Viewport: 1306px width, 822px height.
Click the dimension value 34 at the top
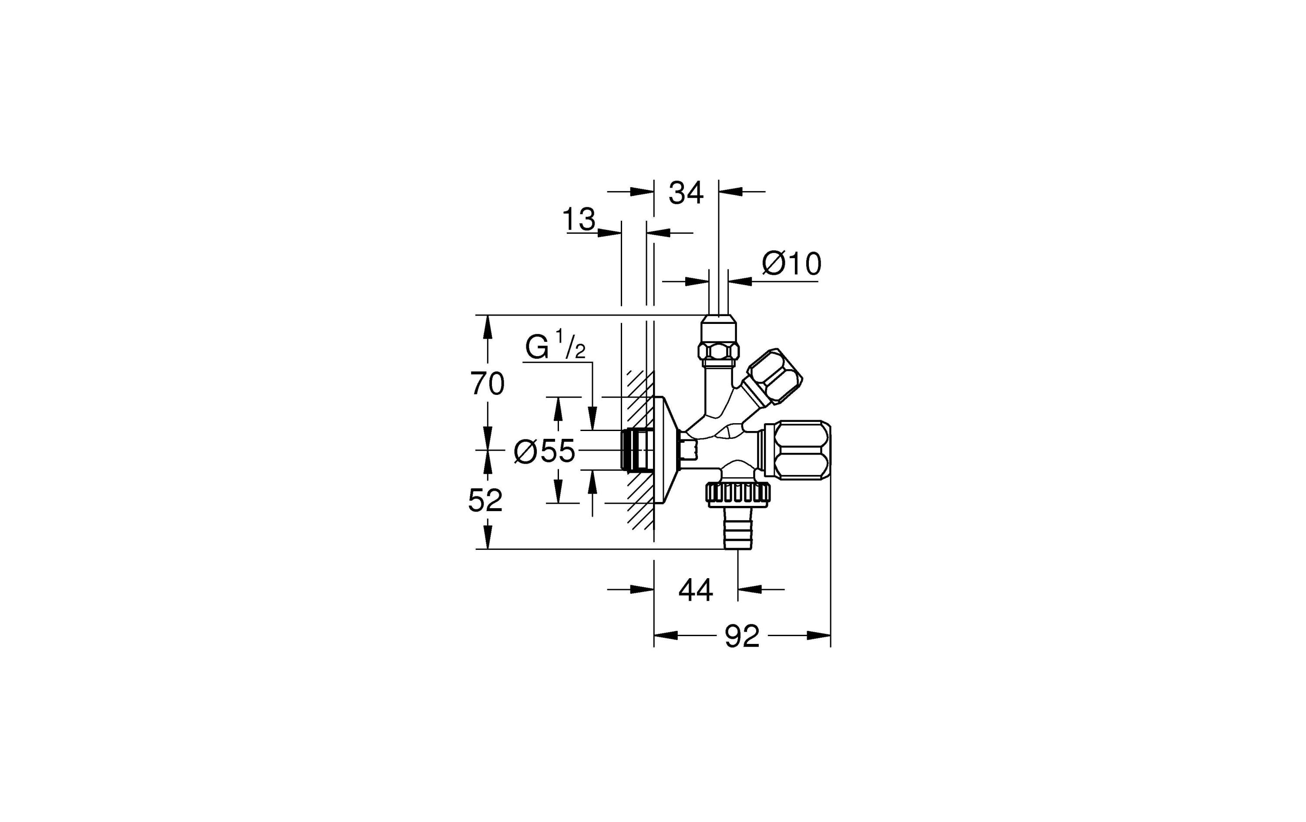686,193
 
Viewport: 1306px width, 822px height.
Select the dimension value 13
579,220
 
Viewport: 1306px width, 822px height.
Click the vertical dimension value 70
487,384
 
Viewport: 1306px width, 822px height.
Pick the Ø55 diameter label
545,451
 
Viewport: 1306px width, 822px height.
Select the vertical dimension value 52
485,500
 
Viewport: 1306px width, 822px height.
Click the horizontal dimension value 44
695,590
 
